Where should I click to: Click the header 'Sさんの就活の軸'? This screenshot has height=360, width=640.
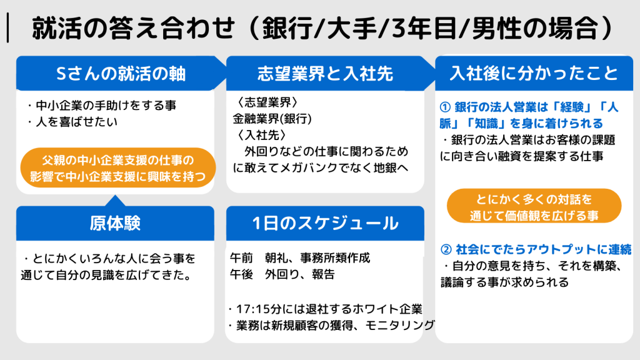(121, 74)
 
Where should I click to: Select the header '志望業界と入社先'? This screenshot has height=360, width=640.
(325, 74)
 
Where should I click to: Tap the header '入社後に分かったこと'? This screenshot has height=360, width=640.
(534, 74)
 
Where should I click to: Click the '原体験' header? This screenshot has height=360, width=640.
(115, 223)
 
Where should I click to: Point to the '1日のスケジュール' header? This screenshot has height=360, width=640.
(325, 223)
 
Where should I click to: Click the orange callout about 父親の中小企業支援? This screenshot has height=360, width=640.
(118, 167)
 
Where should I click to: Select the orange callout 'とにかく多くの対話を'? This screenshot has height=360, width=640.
(534, 206)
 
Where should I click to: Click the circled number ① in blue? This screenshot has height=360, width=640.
(445, 107)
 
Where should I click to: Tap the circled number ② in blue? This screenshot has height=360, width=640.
(446, 249)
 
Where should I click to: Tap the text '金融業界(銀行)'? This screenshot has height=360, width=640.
(272, 119)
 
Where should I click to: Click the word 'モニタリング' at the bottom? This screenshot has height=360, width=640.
(399, 325)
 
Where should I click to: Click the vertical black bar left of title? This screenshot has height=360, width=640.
(7, 27)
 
